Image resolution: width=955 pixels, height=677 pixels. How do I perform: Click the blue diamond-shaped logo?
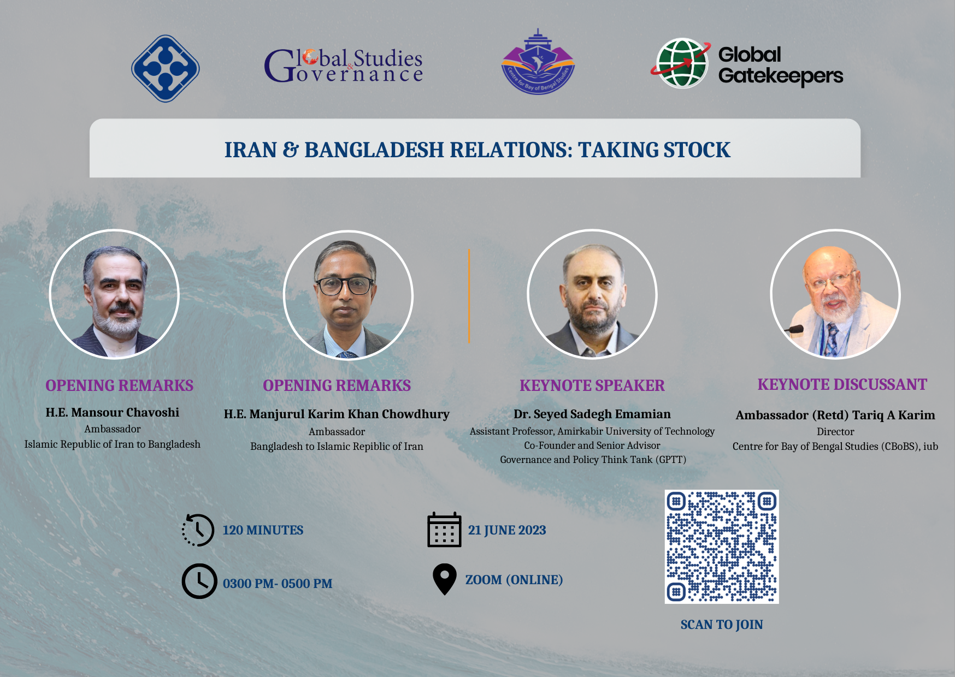(x=166, y=69)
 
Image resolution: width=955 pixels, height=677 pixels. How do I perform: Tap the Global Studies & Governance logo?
(x=344, y=66)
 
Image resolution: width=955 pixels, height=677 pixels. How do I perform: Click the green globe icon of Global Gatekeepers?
(x=681, y=63)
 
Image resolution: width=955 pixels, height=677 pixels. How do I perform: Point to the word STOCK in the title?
(x=697, y=150)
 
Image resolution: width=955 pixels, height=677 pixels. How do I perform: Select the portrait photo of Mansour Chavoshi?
(x=114, y=294)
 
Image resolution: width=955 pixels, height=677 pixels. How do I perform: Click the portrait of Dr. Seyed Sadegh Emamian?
(x=592, y=294)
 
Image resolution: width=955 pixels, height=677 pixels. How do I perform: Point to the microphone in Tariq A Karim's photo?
(x=794, y=329)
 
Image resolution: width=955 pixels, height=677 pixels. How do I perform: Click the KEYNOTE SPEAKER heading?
(x=592, y=385)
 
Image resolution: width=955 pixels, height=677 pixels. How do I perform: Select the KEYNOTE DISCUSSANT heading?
(x=842, y=384)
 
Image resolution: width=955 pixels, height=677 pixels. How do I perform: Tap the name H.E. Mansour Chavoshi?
(x=113, y=412)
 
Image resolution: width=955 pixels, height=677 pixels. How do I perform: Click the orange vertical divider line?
(x=469, y=296)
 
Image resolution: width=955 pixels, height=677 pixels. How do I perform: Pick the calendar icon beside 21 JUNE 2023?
(x=444, y=530)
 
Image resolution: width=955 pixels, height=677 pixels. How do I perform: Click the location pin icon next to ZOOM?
(x=444, y=579)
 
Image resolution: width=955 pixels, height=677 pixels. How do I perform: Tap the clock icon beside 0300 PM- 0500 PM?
(x=199, y=581)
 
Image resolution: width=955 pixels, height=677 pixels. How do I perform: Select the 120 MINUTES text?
(x=263, y=530)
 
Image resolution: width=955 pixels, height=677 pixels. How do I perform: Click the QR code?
(x=722, y=547)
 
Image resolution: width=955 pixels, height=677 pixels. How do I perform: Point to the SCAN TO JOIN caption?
(x=722, y=625)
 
